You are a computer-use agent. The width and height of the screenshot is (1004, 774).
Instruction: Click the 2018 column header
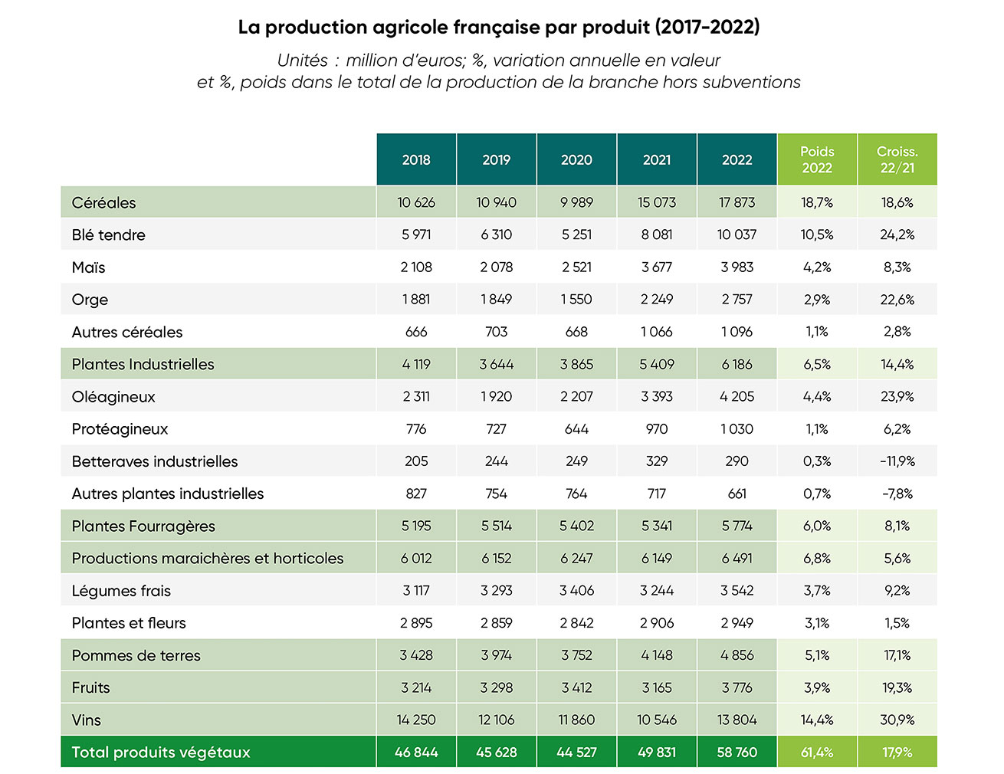pos(416,159)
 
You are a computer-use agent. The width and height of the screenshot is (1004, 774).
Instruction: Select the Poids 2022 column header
pos(817,159)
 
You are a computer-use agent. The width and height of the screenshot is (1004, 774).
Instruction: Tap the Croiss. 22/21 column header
pos(897,159)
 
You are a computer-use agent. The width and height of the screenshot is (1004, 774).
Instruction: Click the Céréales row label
pos(103,203)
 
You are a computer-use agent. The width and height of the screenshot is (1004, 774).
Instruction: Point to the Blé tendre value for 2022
pos(737,235)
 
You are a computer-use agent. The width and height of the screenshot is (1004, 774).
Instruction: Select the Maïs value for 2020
pos(576,267)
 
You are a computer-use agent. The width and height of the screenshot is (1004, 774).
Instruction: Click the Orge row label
pos(90,300)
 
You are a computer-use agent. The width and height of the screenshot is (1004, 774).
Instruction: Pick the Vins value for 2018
pos(416,720)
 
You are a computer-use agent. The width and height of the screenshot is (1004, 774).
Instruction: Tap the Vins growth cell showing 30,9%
pos(897,720)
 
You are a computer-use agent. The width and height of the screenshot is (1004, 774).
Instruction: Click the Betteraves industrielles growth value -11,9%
pos(897,461)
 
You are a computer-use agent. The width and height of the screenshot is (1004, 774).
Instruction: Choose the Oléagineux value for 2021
pos(657,397)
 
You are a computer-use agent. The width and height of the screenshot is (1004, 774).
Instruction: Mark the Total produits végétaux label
pos(161,753)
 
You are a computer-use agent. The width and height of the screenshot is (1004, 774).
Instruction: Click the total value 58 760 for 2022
pos(737,753)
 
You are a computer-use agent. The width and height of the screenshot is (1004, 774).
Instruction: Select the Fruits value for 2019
pos(496,688)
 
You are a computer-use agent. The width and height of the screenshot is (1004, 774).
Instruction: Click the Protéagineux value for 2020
pos(576,429)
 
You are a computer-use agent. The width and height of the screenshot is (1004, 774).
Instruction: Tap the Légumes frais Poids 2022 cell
pos(817,591)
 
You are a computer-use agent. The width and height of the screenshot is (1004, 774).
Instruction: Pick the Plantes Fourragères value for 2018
pos(416,526)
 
